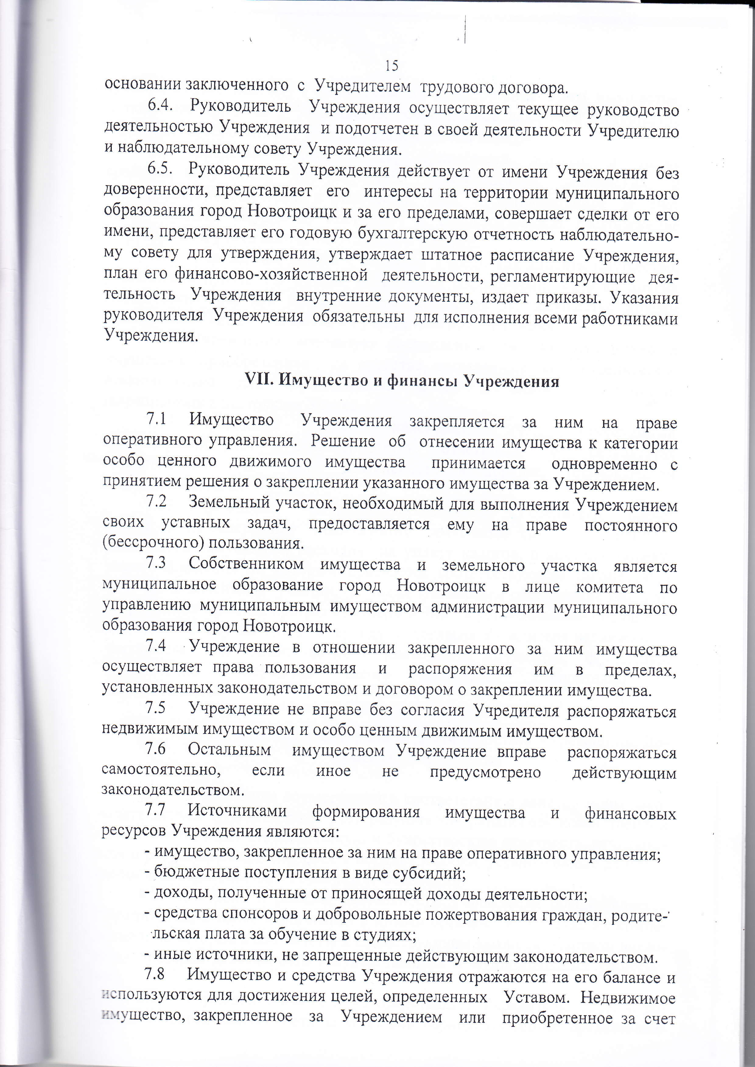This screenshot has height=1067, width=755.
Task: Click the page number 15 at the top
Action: [x=392, y=65]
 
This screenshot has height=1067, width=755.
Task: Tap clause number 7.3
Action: [x=156, y=563]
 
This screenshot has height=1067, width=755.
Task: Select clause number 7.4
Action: [x=156, y=646]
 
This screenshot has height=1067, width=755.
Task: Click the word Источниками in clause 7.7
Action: [x=237, y=811]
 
